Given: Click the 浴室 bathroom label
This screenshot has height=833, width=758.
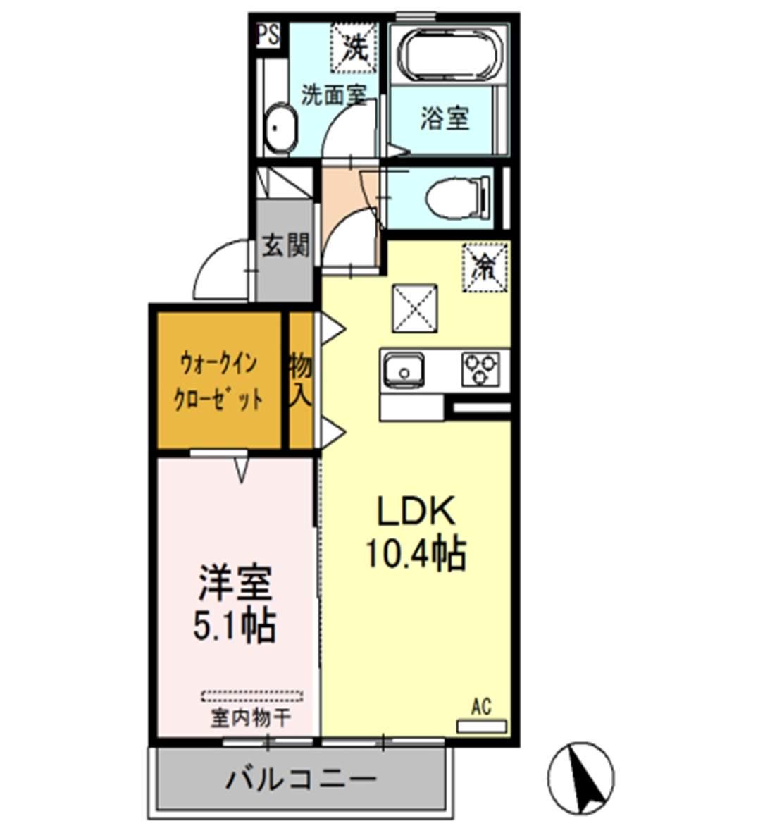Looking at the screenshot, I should (445, 118).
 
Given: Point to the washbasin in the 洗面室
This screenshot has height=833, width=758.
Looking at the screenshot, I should (280, 130).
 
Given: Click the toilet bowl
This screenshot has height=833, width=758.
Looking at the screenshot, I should (457, 197).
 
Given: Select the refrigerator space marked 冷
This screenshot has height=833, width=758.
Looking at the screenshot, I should (485, 266).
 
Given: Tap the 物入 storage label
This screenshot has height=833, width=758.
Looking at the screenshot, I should (301, 379).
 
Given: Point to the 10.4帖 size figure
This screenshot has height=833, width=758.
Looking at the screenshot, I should (416, 554).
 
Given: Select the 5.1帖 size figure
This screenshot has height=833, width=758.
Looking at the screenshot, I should (235, 624).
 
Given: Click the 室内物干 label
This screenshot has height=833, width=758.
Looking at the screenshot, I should (251, 719).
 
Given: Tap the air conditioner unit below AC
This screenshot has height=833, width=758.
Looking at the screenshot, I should (482, 725).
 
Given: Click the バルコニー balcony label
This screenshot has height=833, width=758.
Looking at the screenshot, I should (301, 780).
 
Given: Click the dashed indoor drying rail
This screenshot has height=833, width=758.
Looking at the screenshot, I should (252, 696).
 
